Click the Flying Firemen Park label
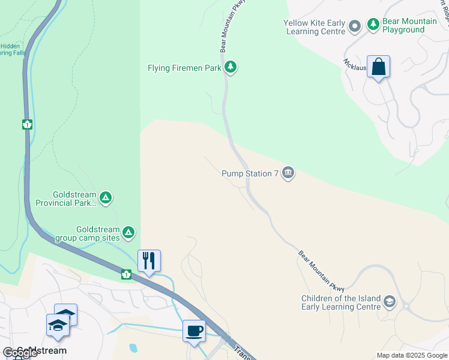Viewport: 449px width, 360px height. (x=185, y=68)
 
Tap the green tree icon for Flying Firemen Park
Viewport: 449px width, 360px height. (x=231, y=67)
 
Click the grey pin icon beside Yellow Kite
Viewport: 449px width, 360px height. (x=355, y=25)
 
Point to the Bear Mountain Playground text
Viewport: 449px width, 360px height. (x=411, y=26)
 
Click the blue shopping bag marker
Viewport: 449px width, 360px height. (x=379, y=67)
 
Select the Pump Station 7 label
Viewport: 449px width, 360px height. (x=250, y=174)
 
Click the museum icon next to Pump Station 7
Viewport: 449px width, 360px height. (x=288, y=174)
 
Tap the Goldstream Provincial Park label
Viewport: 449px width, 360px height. (x=74, y=199)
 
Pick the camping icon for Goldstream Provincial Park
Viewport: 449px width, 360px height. (x=106, y=197)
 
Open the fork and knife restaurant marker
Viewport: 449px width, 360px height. (x=149, y=260)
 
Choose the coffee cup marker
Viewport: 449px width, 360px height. (x=194, y=331)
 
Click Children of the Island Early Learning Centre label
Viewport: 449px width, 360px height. (x=342, y=302)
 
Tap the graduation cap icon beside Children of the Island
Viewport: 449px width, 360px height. (x=389, y=302)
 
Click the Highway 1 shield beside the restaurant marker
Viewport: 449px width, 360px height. (x=127, y=274)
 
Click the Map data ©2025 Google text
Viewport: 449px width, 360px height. (x=412, y=355)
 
